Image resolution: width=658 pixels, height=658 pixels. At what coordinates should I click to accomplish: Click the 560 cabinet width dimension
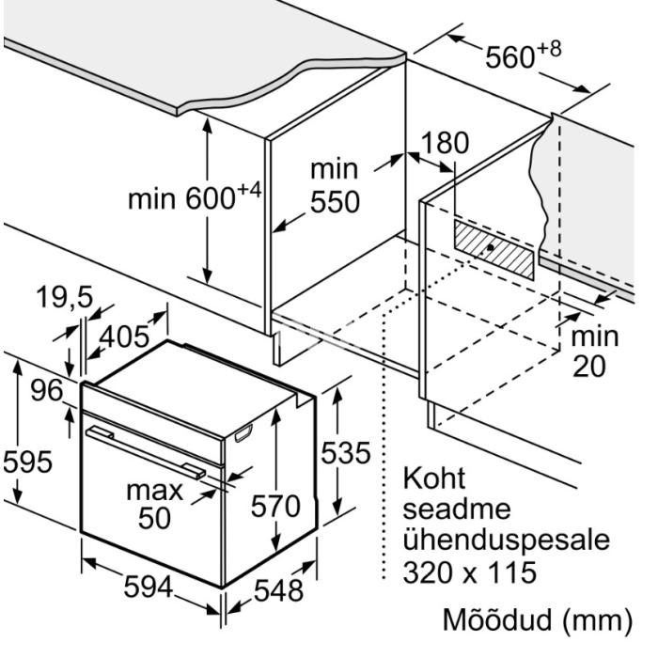(523, 55)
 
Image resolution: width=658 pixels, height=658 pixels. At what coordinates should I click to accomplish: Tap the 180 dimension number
(445, 143)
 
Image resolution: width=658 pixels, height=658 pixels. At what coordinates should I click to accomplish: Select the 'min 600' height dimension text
(195, 196)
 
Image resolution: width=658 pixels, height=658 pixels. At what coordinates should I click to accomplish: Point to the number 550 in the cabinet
(335, 202)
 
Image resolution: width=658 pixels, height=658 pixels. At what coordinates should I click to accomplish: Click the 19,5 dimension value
(64, 297)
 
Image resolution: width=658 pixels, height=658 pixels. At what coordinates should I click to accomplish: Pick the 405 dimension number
(124, 337)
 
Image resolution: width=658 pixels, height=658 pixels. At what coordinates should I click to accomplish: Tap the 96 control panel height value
(47, 390)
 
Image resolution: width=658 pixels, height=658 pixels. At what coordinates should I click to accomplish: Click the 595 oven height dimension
(27, 462)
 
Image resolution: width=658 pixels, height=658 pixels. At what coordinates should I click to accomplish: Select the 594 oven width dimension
(149, 587)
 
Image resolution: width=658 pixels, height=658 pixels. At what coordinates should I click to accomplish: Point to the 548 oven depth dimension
(278, 590)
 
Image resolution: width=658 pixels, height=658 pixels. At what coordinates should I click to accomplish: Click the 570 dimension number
(275, 506)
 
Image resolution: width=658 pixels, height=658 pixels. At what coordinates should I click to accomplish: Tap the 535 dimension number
(346, 453)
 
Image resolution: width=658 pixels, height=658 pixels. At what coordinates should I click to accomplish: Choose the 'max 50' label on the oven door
(155, 504)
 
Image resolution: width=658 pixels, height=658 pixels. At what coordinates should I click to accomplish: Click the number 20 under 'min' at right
(589, 367)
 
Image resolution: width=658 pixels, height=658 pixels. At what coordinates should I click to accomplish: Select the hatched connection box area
(493, 250)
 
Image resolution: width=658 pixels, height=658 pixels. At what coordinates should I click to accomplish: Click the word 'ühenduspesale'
(507, 540)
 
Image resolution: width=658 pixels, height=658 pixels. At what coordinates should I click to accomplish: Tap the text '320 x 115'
(470, 572)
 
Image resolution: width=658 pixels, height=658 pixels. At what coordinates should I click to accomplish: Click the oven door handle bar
(146, 452)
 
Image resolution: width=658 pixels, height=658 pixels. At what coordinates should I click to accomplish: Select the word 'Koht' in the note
(434, 478)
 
